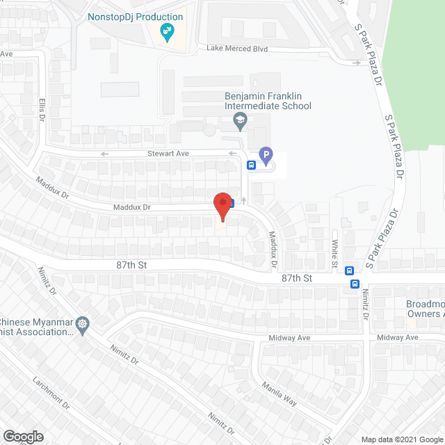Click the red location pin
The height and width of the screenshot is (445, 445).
[x=222, y=204]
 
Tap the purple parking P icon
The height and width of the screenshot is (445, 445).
[x=264, y=155]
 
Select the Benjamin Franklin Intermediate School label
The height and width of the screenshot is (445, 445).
[x=268, y=102]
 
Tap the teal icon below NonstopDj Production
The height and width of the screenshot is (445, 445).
[x=166, y=31]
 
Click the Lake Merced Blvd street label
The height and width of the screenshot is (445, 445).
[x=237, y=49]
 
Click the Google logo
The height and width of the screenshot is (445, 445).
[x=22, y=436]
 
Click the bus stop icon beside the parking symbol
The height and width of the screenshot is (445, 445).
[x=251, y=165]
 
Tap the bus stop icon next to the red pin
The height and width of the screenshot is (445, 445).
[x=232, y=203]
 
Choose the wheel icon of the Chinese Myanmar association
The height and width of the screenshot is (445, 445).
[x=83, y=324]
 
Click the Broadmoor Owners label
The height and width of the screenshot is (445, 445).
[x=425, y=309]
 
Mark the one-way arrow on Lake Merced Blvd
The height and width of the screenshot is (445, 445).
[x=357, y=63]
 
